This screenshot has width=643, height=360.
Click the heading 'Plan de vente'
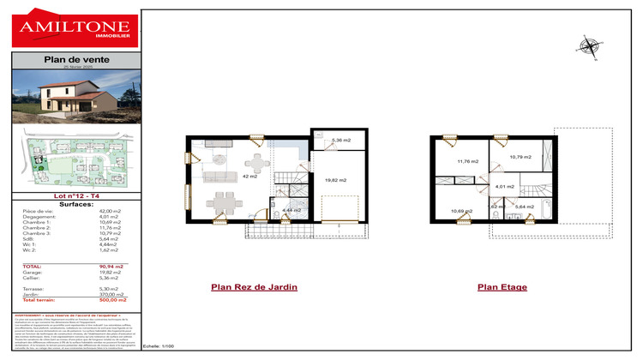[70, 59]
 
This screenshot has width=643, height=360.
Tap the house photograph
[70, 96]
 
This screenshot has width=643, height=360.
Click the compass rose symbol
[589, 45]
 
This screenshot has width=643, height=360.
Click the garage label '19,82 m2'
[336, 180]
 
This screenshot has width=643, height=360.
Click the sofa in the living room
[220, 178]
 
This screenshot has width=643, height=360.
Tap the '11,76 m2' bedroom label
[467, 160]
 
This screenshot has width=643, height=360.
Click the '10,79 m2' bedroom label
[520, 157]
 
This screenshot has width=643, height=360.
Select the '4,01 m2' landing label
[505, 186]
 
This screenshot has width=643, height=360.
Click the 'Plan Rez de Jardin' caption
[254, 287]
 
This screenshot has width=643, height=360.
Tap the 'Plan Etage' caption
[502, 287]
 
